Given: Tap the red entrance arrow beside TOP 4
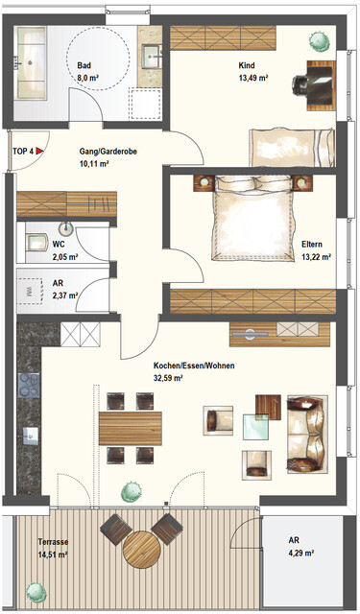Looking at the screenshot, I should coord(40,152).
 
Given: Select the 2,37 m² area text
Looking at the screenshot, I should coord(65,295).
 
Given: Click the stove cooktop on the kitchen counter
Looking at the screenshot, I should coord(27,389).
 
